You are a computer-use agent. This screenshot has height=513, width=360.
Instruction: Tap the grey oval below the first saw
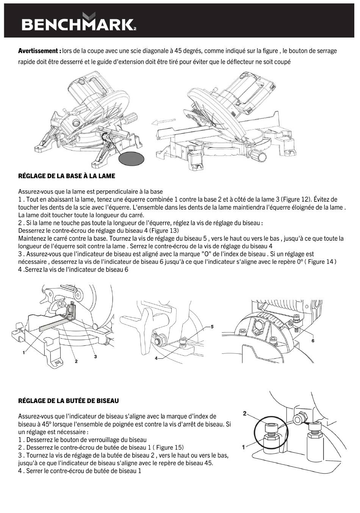[x=131, y=158]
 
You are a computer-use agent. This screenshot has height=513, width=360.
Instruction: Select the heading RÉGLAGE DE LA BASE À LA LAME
[x=67, y=176]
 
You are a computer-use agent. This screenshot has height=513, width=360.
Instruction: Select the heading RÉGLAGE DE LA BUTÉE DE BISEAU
[x=69, y=401]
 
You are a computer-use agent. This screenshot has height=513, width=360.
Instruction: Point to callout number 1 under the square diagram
[x=23, y=352]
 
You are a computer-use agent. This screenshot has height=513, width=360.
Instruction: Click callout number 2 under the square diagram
[x=76, y=361]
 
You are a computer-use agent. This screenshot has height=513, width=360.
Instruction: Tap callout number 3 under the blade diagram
[x=95, y=356]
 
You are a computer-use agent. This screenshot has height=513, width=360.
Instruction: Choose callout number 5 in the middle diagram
[x=212, y=326]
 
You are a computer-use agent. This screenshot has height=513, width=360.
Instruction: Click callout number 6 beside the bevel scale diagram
[x=313, y=340]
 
